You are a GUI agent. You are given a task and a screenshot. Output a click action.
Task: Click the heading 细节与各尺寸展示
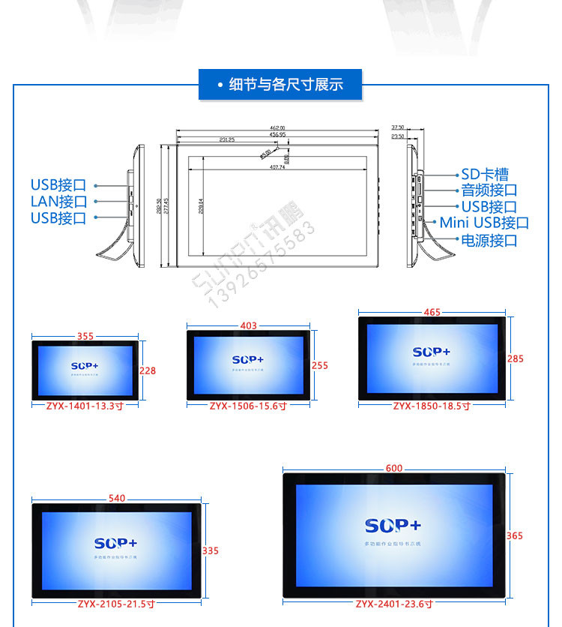pyautogui.click(x=285, y=85)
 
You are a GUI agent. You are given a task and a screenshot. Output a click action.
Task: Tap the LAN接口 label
pyautogui.click(x=58, y=202)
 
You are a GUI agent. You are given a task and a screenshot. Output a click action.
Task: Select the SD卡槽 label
pyautogui.click(x=484, y=175)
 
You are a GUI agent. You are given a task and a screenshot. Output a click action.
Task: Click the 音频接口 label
pyautogui.click(x=489, y=190)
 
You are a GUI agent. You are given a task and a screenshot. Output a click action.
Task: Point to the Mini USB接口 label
pyautogui.click(x=484, y=223)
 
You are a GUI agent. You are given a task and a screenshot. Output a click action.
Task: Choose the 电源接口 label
pyautogui.click(x=489, y=241)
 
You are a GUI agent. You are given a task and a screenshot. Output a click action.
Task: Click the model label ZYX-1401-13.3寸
pyautogui.click(x=85, y=406)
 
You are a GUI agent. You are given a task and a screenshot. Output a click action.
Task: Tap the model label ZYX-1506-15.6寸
pyautogui.click(x=248, y=406)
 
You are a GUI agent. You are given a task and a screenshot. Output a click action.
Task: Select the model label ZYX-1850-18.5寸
pyautogui.click(x=432, y=406)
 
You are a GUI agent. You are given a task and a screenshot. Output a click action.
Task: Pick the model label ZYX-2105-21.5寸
pyautogui.click(x=116, y=604)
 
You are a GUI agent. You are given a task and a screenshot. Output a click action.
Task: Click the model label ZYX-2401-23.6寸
pyautogui.click(x=393, y=604)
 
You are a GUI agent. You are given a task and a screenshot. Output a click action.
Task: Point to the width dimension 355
pyautogui.click(x=85, y=336)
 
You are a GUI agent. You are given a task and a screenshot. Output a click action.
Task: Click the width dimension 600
pyautogui.click(x=394, y=468)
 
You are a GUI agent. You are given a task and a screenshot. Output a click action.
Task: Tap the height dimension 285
pyautogui.click(x=516, y=359)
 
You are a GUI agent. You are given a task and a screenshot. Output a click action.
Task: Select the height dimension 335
pyautogui.click(x=211, y=550)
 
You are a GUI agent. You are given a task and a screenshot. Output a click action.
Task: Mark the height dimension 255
pyautogui.click(x=320, y=366)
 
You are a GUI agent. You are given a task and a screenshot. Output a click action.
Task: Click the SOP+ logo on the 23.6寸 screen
pyautogui.click(x=393, y=525)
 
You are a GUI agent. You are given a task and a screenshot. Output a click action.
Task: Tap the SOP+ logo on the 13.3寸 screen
pyautogui.click(x=85, y=366)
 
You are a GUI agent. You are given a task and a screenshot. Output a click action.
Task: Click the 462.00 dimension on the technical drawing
pyautogui.click(x=278, y=128)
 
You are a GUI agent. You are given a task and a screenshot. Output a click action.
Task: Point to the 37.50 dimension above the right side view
pyautogui.click(x=397, y=127)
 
